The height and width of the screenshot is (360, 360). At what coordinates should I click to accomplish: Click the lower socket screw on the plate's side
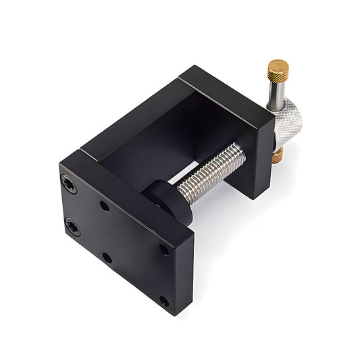(72, 227)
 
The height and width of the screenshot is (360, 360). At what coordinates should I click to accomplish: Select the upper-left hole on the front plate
(105, 205)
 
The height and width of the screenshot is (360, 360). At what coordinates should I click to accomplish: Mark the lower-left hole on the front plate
(107, 257)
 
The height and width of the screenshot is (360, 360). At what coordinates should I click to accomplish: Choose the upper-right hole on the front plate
(164, 249)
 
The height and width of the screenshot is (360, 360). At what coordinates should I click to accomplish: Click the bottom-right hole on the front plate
(164, 301)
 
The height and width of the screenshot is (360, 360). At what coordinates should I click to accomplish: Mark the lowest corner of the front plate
(174, 315)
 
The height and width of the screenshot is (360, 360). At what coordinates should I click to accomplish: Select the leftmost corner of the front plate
(60, 164)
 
